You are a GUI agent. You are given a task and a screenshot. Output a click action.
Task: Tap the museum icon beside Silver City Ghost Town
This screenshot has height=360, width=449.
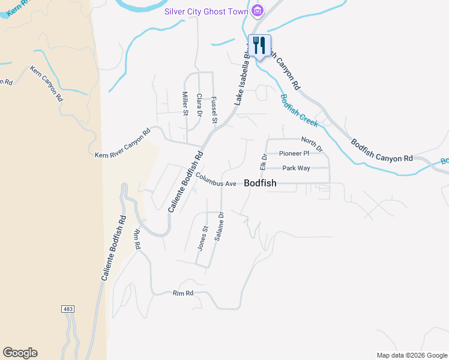(x=258, y=10)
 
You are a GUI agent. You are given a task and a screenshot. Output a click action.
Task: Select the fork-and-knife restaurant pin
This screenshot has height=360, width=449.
(x=260, y=46)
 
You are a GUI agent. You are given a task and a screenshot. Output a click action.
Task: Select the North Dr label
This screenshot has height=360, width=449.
(x=312, y=144)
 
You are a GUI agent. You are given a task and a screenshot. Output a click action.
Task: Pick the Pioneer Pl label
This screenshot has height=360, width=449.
(x=294, y=154)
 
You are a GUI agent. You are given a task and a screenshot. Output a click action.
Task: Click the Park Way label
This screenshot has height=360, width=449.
(x=296, y=168)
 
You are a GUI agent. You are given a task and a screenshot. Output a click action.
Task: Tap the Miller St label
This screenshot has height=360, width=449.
(x=185, y=103)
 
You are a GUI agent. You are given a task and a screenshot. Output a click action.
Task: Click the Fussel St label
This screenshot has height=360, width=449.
(x=214, y=110)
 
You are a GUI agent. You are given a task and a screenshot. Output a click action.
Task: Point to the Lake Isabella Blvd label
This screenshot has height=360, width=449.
(x=242, y=76)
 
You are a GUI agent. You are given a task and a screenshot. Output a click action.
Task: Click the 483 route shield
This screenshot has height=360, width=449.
(x=68, y=308)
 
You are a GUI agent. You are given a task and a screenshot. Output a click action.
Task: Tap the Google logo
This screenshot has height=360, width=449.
(x=20, y=353)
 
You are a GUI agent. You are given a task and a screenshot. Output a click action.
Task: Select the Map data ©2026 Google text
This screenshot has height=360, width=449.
(x=411, y=355)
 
